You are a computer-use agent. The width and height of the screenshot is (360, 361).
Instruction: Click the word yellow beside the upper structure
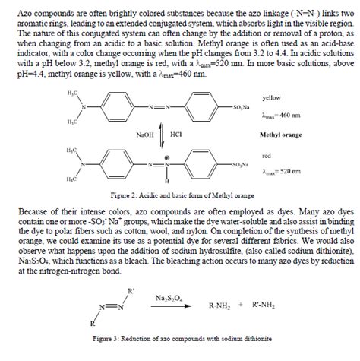click(x=272, y=99)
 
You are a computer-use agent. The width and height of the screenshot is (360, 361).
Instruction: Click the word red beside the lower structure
click(x=267, y=156)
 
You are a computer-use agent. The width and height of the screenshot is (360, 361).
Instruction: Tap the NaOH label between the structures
click(x=145, y=134)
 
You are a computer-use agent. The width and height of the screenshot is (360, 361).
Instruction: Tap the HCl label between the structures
click(x=175, y=134)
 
